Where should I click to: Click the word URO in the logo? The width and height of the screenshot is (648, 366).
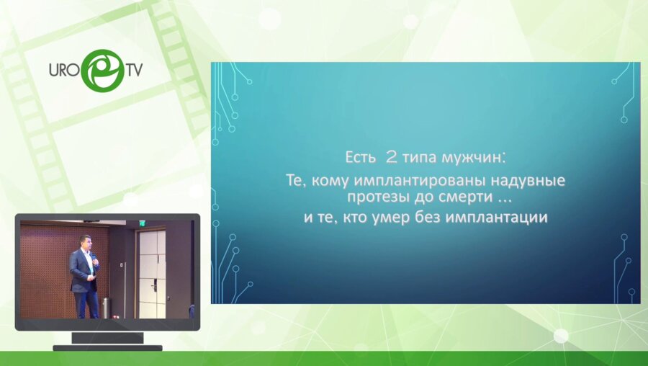pos(64,71)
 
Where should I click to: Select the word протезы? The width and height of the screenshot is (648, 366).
pos(377,196)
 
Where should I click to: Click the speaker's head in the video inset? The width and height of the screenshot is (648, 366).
pos(85,241)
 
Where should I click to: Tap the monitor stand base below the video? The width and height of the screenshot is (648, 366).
pos(107,348)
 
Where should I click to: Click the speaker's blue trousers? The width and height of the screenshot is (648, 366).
pos(87,304)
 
